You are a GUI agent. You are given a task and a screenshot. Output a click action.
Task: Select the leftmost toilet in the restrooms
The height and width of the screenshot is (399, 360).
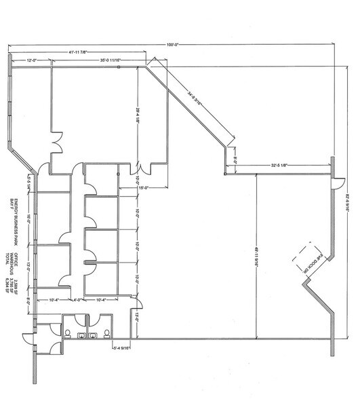[x=68, y=332]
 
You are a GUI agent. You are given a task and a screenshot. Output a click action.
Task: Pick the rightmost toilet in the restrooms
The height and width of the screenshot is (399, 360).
[x=106, y=332]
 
